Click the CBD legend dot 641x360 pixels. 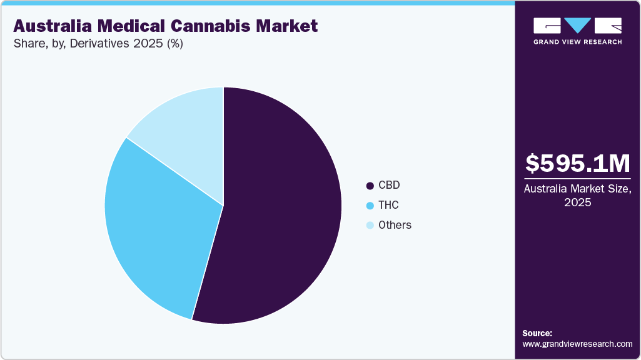[x=370, y=186]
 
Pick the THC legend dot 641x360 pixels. [x=370, y=206]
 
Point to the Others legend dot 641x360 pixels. [x=370, y=226]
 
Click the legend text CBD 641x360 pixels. [x=389, y=186]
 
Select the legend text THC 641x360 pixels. [x=388, y=206]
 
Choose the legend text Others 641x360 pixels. [x=395, y=226]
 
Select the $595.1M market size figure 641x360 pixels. [x=577, y=163]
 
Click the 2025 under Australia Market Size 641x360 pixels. [x=577, y=203]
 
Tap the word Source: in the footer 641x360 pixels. [x=537, y=333]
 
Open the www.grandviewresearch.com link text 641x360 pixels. [x=577, y=344]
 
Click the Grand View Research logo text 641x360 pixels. [x=577, y=42]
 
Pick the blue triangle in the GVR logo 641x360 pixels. [x=577, y=26]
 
